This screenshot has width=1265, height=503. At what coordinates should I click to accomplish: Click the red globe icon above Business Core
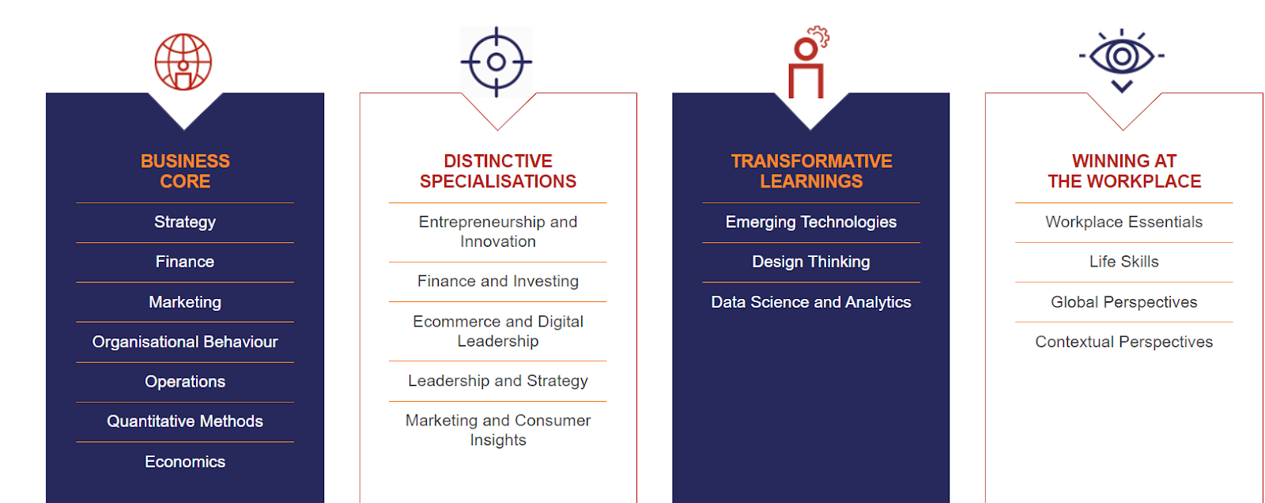[x=183, y=62]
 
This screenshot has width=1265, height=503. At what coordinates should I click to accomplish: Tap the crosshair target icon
[x=497, y=62]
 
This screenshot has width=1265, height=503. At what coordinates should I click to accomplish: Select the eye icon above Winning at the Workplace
[x=1122, y=60]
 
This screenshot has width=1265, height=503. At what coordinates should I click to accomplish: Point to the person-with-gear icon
[x=807, y=62]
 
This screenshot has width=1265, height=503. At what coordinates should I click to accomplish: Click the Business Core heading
[x=185, y=172]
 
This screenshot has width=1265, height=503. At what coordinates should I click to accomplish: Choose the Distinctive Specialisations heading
[x=498, y=172]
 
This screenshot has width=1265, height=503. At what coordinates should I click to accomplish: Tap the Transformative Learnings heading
[x=811, y=172]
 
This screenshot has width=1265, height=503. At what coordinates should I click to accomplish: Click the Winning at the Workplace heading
[x=1124, y=172]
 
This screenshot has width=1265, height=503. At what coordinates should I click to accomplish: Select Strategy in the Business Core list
[x=185, y=222]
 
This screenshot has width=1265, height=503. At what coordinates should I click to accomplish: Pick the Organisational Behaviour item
[x=185, y=342]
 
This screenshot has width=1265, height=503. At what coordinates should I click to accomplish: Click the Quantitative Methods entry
[x=185, y=422]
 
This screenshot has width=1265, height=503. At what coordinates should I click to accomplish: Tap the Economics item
[x=185, y=462]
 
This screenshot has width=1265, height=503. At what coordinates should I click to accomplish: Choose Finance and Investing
[x=498, y=282]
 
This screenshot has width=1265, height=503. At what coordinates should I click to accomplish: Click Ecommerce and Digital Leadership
[x=498, y=331]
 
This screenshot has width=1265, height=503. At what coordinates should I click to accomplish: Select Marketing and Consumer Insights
[x=498, y=430]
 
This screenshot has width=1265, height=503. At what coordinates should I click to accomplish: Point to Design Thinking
[x=811, y=262]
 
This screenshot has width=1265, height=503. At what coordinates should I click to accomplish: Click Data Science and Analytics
[x=811, y=302]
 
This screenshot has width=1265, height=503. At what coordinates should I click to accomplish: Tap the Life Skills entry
[x=1123, y=262]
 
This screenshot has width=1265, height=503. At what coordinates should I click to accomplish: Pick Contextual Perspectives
[x=1123, y=342]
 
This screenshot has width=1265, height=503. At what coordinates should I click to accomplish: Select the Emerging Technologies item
[x=811, y=222]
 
